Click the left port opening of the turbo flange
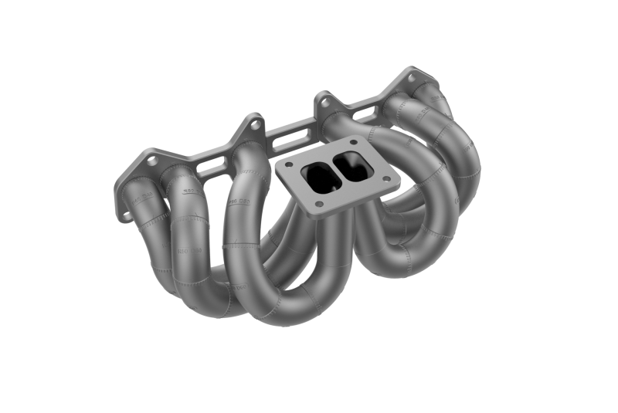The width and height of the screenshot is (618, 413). (x=318, y=176)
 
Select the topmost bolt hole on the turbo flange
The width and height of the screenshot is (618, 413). (x=354, y=142)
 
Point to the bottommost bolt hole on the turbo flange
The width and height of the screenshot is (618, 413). (x=319, y=204)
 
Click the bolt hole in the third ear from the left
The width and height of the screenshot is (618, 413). (x=325, y=100)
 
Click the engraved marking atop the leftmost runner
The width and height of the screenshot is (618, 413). (x=144, y=197)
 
